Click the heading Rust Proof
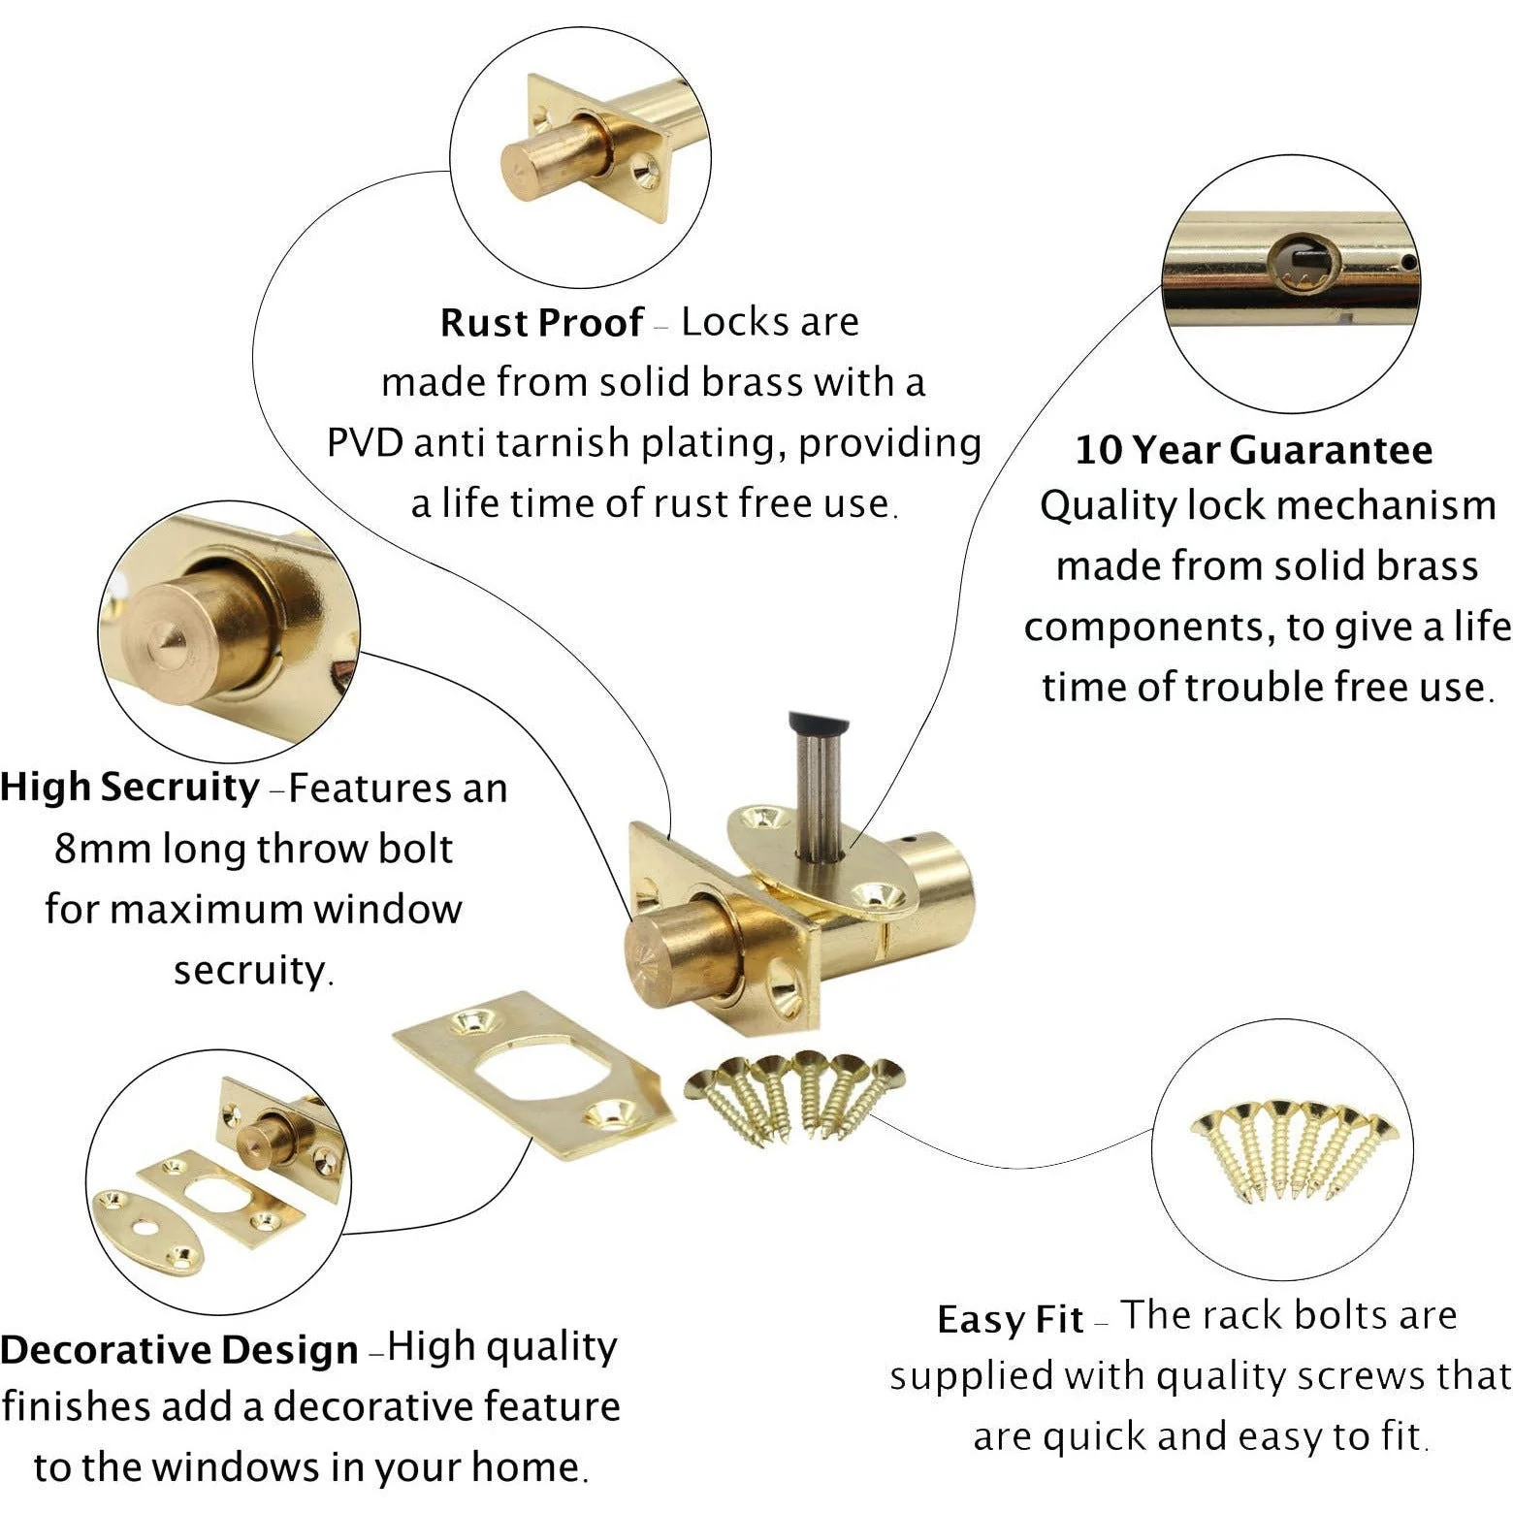(x=541, y=323)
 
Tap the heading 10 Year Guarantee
(x=1253, y=450)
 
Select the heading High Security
(x=130, y=788)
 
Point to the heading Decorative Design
(x=179, y=1350)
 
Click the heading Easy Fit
(x=1010, y=1320)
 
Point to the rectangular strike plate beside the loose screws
(x=533, y=1075)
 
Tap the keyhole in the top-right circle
(x=1304, y=262)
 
